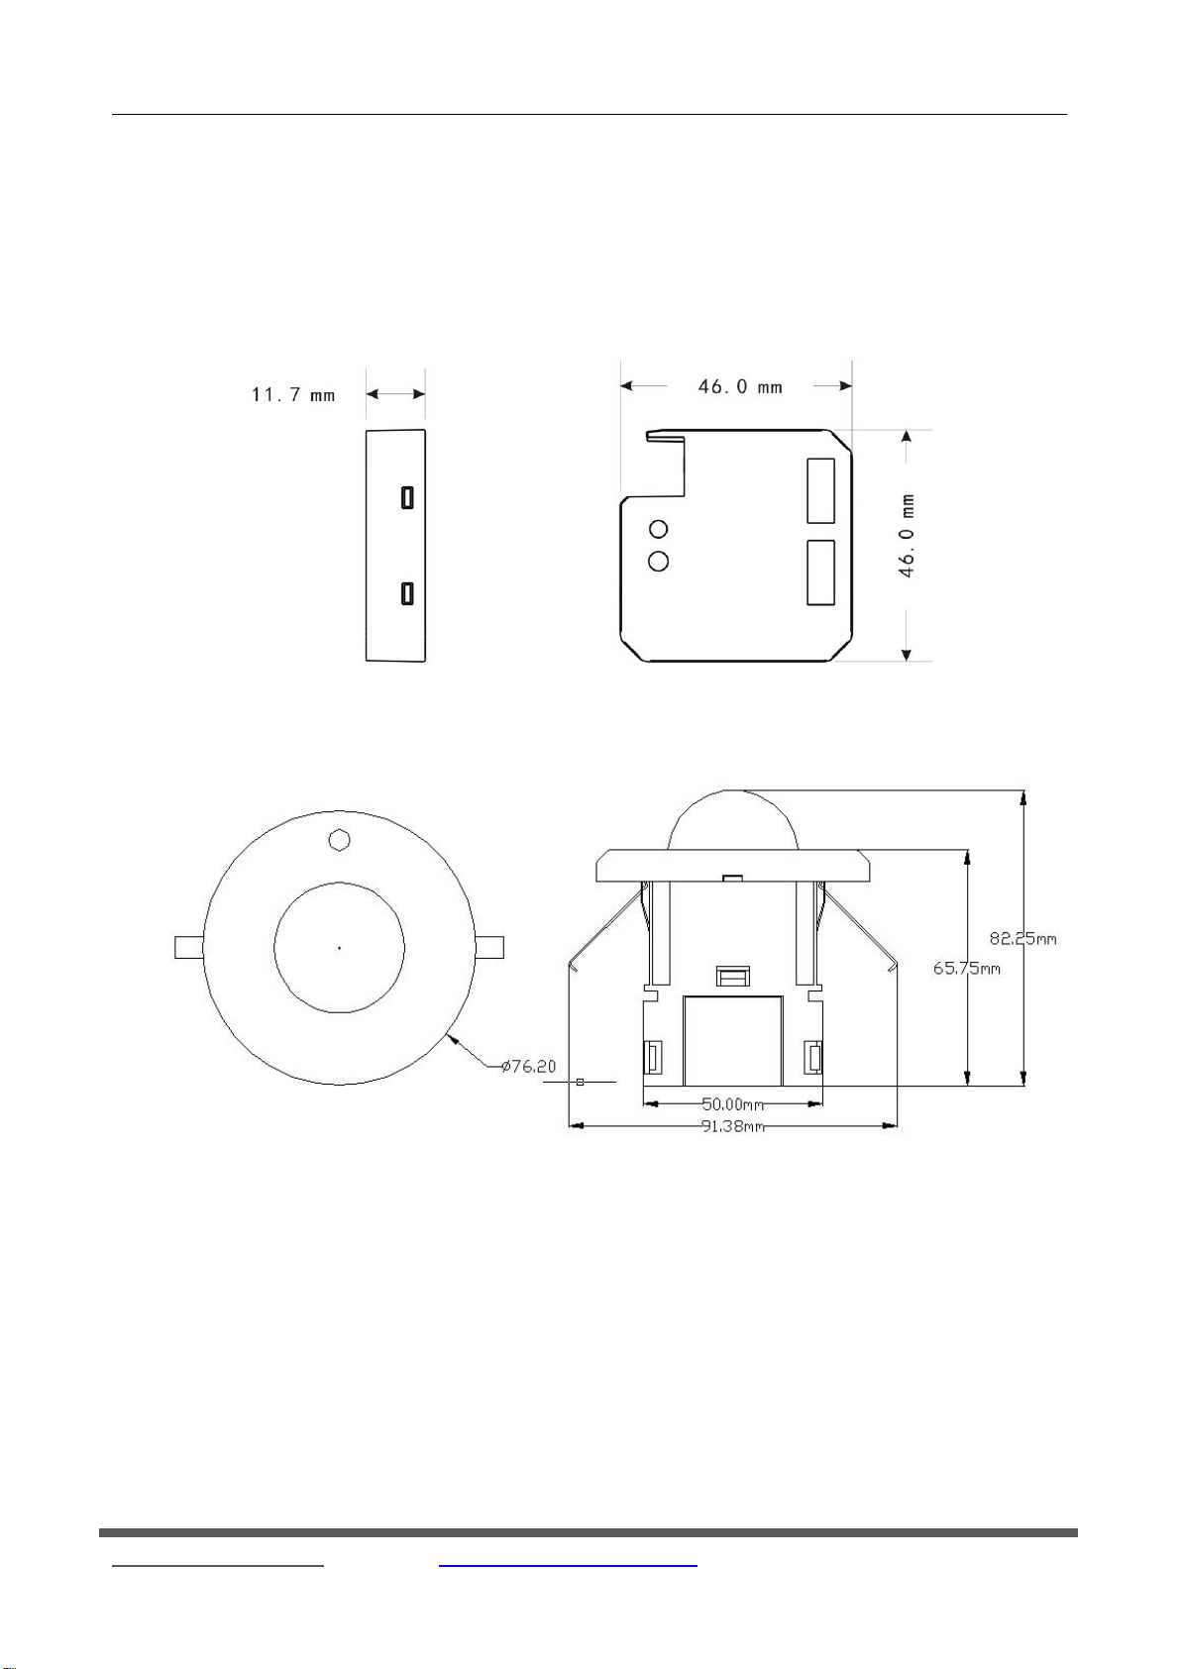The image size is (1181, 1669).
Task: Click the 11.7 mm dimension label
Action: (293, 394)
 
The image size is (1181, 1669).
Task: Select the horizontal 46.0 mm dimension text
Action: (740, 386)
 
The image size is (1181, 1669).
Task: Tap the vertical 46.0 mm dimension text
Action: (906, 535)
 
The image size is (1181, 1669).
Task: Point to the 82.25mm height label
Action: (1022, 939)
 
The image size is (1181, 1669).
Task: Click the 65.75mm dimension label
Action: (966, 969)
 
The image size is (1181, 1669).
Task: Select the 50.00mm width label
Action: (733, 1103)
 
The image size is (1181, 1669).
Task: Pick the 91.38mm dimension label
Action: (733, 1126)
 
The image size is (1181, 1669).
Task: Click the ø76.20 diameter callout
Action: (528, 1066)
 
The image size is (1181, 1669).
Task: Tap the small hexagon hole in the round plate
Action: (339, 840)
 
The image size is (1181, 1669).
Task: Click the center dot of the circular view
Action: (339, 948)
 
